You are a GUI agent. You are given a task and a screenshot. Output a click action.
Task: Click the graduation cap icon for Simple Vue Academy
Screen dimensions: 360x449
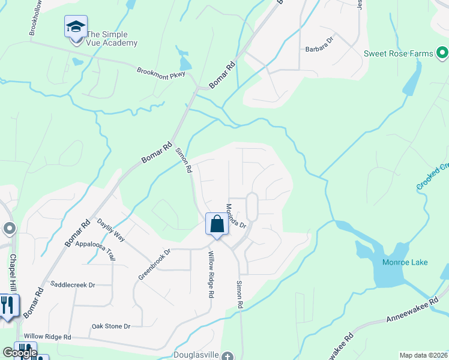coord(76,27)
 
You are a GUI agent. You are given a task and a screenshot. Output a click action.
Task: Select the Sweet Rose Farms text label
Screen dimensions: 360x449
coord(398,53)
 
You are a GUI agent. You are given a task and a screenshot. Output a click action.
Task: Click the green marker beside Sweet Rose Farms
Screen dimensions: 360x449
coord(443,53)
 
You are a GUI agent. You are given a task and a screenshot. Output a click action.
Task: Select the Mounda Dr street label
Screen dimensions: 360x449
coord(236,216)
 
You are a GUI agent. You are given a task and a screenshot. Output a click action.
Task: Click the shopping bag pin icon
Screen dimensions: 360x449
coord(217,224)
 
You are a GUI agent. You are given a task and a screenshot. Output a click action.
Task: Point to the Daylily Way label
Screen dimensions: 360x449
coord(111,230)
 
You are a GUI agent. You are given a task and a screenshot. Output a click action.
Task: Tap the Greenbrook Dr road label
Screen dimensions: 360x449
coord(155,264)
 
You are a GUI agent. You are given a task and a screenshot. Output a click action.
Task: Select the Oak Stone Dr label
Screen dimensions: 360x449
coord(110,326)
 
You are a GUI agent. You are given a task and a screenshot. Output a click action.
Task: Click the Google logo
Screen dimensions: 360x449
coord(20,353)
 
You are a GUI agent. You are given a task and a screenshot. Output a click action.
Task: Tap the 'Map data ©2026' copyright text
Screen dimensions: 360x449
coord(423,355)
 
